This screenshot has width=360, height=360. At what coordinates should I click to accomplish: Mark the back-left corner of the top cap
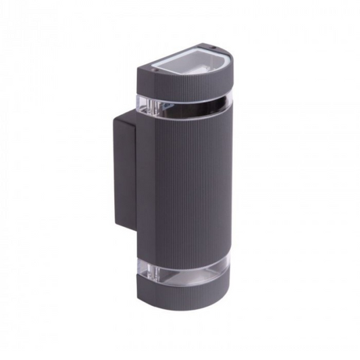tap(138, 70)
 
